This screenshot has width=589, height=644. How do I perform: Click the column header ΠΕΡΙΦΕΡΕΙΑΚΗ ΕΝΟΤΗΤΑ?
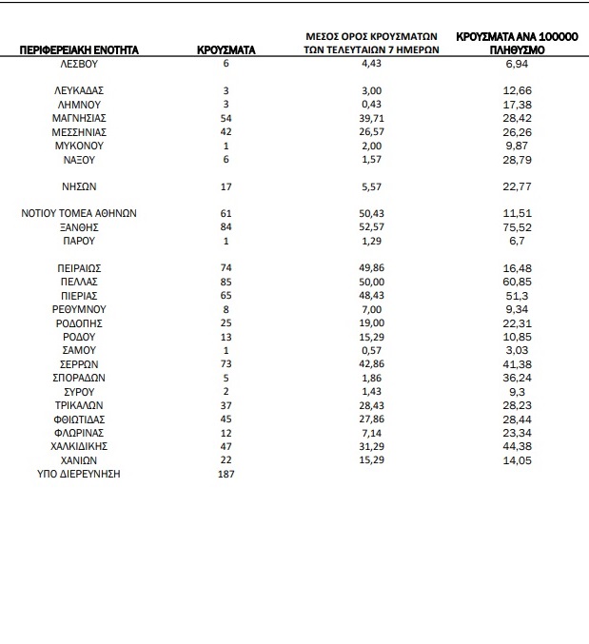pos(79,49)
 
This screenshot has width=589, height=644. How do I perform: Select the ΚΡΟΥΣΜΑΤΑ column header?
pos(226,49)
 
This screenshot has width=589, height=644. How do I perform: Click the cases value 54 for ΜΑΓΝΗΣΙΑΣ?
pos(226,118)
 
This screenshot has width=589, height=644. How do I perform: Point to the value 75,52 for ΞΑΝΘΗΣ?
pos(515,228)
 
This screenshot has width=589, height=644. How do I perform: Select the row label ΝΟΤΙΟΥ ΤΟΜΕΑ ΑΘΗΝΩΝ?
pos(79,214)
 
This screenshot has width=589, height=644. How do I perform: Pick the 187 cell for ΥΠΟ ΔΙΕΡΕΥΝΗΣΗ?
pos(226,474)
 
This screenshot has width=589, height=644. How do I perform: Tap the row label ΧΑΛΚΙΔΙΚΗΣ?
pos(79,446)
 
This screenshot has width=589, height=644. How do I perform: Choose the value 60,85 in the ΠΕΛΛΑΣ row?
pos(515,283)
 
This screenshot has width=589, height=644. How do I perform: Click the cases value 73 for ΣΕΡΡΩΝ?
pos(226,364)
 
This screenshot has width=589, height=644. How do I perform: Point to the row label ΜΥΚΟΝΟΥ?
pos(79,146)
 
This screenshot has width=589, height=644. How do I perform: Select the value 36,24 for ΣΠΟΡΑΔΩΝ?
pos(515,378)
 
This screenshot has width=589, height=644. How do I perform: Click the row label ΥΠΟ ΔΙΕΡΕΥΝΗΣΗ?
pos(79,474)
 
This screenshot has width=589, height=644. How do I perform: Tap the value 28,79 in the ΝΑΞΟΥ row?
pos(515,159)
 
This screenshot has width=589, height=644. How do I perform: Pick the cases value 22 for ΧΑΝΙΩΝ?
pos(226,459)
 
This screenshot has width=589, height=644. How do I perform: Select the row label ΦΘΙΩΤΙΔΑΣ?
pos(79,420)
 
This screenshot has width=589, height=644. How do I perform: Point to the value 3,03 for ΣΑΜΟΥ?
pos(515,351)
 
